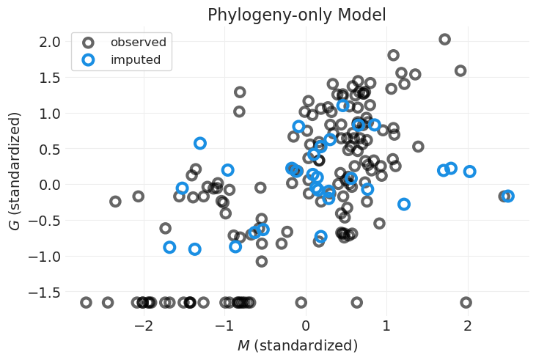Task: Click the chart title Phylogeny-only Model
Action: [x=296, y=15]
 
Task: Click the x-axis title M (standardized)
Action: [x=297, y=345]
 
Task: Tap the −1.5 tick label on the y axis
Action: [x=41, y=293]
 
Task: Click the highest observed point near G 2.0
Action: [x=444, y=39]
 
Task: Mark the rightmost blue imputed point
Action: [x=507, y=196]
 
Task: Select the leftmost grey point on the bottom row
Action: [x=86, y=302]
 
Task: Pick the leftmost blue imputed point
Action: [x=169, y=247]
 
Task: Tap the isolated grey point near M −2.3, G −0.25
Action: [x=115, y=201]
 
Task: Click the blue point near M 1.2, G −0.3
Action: [x=403, y=204]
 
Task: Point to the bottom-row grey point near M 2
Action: [x=466, y=302]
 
